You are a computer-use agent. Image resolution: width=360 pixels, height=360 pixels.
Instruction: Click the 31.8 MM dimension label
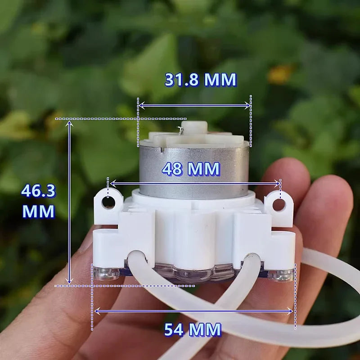click(x=200, y=80)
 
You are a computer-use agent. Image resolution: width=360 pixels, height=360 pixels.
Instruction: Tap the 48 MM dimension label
click(x=191, y=169)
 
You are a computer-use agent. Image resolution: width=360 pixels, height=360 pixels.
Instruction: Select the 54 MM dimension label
click(x=193, y=329)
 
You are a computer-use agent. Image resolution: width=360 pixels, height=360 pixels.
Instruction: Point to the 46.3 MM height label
click(x=38, y=201)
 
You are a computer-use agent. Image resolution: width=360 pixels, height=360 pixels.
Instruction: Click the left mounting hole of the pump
click(x=108, y=202)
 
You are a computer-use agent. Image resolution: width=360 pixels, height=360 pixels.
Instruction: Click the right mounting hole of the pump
click(x=279, y=205)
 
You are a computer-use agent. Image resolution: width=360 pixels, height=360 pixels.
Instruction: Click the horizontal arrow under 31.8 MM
click(x=194, y=105)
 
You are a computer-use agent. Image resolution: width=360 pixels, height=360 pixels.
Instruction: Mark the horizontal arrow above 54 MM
click(x=193, y=310)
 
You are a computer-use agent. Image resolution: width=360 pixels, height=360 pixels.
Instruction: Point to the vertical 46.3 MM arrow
click(x=69, y=202)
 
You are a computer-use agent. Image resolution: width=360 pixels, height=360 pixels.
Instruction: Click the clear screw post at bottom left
click(x=106, y=273)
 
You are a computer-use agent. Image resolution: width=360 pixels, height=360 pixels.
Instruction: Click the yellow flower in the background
click(x=280, y=74)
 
